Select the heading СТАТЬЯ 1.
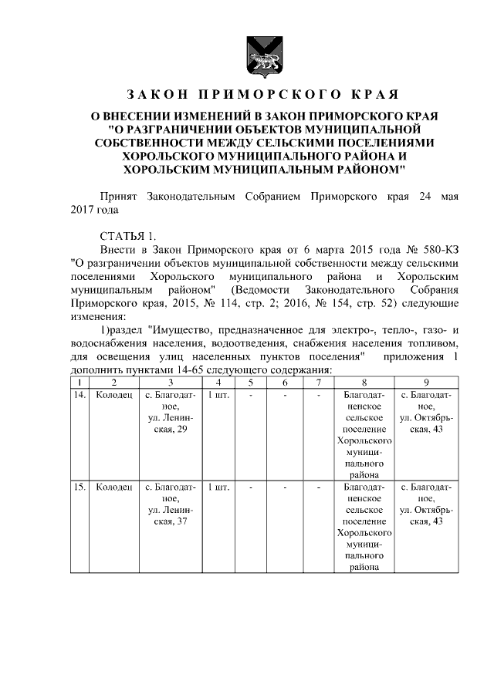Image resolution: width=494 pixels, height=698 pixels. (127, 234)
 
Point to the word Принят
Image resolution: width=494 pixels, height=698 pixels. (117, 196)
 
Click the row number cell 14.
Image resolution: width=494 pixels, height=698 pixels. (79, 395)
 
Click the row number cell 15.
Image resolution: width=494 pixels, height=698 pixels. (79, 487)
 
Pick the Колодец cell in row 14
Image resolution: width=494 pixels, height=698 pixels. (113, 395)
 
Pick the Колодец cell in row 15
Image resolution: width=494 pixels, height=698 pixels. (113, 487)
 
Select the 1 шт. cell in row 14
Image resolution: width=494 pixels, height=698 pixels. (219, 395)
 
